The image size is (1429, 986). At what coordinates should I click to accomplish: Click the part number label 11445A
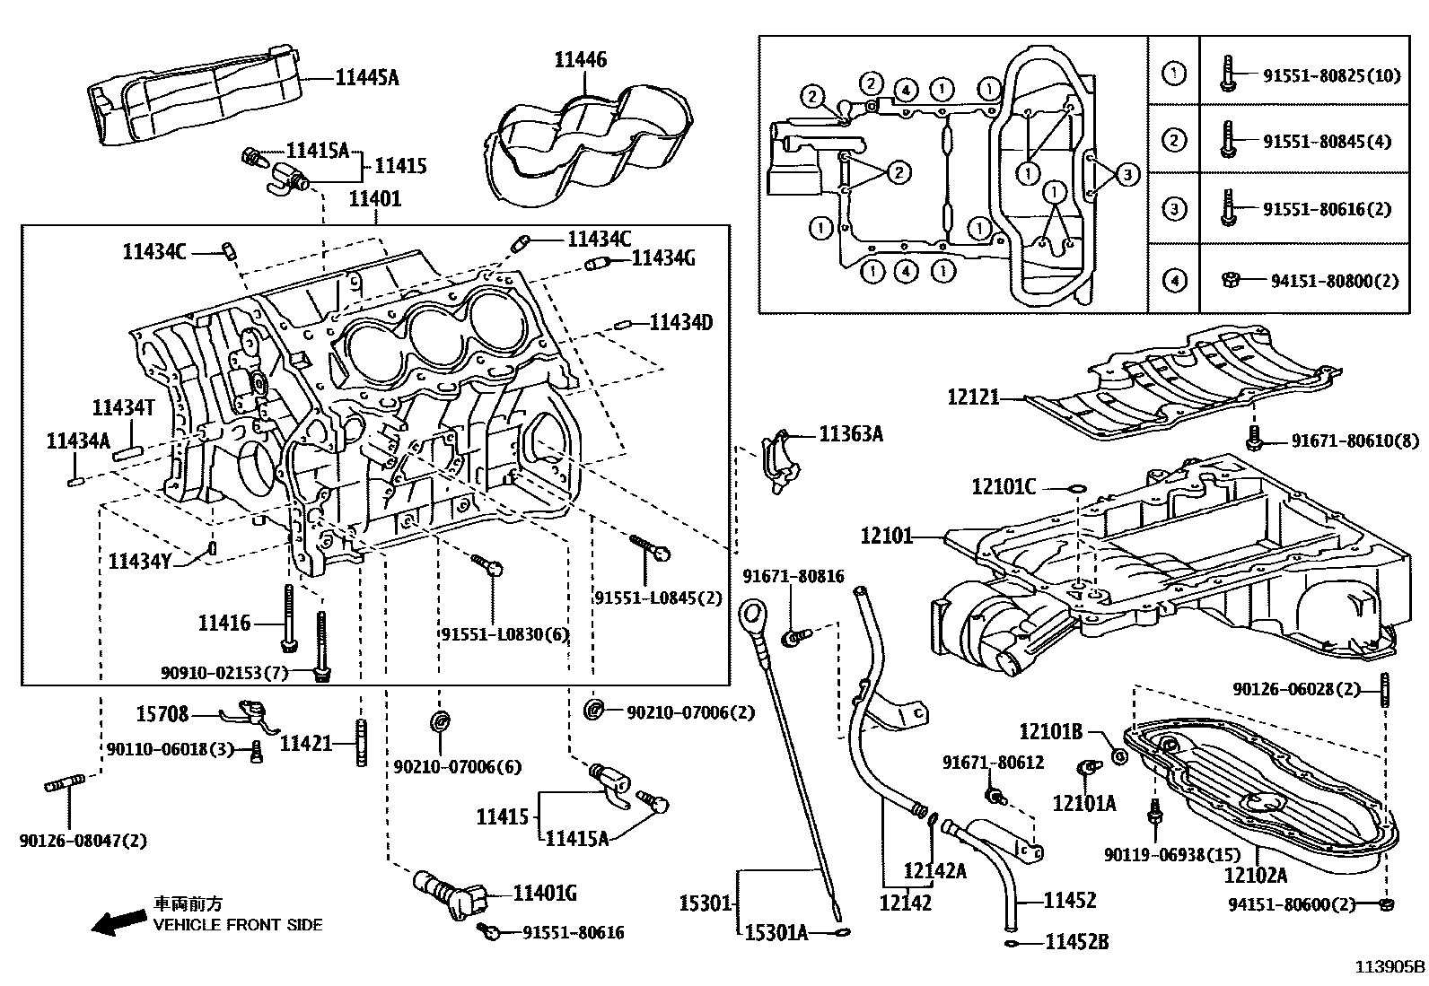367,78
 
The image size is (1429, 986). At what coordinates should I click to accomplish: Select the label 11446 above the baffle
580,59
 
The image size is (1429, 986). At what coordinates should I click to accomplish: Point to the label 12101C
1004,487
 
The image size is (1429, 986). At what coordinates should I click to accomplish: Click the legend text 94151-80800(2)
1335,281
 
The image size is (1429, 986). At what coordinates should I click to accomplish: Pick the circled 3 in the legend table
1173,210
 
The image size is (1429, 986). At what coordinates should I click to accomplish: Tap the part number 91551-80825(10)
1331,75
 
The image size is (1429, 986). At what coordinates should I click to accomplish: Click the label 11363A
851,434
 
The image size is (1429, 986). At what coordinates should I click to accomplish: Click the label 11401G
544,893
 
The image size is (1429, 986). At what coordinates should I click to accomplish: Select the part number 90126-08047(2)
83,841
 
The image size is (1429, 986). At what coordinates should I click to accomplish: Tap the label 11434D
681,322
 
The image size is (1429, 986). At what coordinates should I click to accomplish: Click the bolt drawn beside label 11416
287,618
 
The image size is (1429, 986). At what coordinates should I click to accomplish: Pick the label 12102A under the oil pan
1255,875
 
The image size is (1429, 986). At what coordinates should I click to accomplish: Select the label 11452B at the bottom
1076,942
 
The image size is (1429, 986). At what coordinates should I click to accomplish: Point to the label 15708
162,714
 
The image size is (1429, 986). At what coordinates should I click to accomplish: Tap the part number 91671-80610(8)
1355,441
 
